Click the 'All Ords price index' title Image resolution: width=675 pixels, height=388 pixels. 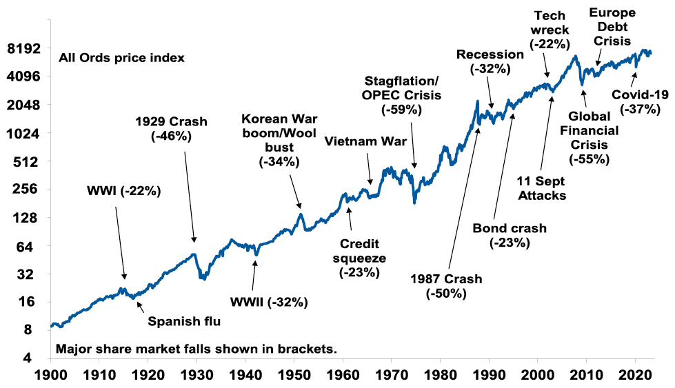click(121, 58)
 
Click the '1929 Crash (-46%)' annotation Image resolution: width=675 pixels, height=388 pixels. click(171, 129)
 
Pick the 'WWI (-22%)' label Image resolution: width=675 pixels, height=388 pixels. click(123, 191)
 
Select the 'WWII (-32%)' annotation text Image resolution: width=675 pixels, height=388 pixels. click(269, 302)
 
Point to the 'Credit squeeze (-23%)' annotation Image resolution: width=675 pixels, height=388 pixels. click(360, 258)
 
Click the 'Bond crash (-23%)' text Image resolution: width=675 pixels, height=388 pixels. click(509, 235)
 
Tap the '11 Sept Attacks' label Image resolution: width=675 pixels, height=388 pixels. click(541, 187)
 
